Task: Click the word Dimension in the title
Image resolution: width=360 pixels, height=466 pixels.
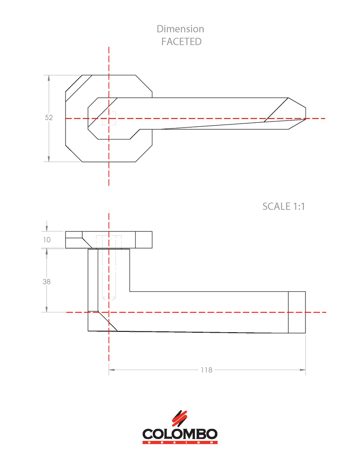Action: point(180,29)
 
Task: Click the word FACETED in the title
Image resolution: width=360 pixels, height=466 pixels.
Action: point(181,42)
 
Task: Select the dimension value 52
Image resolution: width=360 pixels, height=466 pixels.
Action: point(49,118)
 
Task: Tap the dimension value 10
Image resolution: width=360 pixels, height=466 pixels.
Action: point(47,240)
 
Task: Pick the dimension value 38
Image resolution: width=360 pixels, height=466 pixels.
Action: point(47,282)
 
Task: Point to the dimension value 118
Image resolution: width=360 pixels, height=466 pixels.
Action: point(206,370)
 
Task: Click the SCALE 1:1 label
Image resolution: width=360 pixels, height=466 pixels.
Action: point(283,206)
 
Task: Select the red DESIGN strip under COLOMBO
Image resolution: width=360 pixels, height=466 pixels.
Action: point(180,442)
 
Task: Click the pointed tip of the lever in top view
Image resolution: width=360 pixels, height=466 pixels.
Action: point(305,118)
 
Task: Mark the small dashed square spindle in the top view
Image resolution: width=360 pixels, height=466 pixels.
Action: point(109,119)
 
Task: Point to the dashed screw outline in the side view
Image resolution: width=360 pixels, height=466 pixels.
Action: point(109,268)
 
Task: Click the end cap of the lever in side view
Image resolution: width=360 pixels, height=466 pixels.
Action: point(297,312)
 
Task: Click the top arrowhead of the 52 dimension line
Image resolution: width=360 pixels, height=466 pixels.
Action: point(49,77)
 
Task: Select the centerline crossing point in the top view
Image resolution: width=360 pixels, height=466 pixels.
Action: point(109,118)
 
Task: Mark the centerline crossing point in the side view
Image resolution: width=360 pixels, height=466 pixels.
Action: point(109,312)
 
